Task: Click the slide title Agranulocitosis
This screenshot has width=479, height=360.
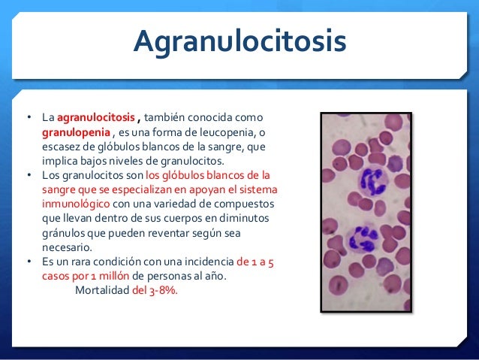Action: [239, 42]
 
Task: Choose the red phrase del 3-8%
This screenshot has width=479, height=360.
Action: [155, 290]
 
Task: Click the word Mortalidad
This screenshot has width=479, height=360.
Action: [102, 290]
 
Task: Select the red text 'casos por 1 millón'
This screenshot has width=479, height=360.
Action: [84, 276]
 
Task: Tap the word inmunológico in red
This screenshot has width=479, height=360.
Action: [75, 204]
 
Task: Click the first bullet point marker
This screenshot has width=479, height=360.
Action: [29, 118]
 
